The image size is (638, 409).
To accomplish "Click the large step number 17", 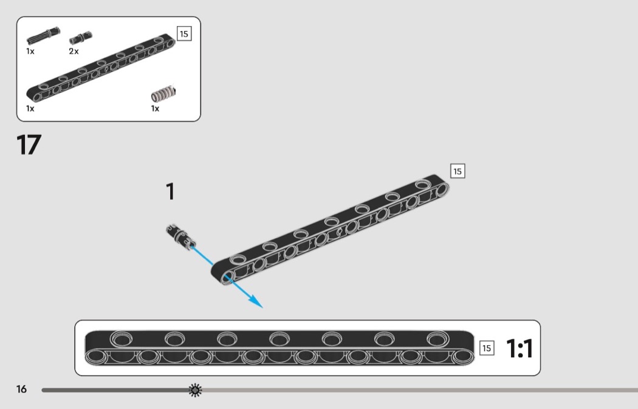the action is tap(29, 145).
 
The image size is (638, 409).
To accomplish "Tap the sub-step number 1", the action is tap(171, 191).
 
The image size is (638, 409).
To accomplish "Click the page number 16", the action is tap(21, 390).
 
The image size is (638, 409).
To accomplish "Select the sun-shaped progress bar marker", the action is tap(195, 390).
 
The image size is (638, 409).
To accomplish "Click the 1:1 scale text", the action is tap(520, 349).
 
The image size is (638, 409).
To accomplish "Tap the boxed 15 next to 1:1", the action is tap(487, 348).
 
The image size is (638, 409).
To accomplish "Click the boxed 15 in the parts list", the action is tap(184, 34).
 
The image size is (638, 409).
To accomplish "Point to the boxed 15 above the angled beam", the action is tap(458, 171).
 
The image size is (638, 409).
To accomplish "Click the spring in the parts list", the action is tap(163, 94).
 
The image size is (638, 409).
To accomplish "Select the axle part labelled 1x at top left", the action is tap(43, 36).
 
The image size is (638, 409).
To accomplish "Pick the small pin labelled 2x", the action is tap(81, 38).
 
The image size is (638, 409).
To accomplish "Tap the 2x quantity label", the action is tap(74, 51).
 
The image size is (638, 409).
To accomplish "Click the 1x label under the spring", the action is tap(155, 109).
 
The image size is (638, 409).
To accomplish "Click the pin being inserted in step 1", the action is tap(180, 236).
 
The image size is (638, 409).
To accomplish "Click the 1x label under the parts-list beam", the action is tap(30, 109).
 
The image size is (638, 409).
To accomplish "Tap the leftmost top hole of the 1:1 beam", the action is tap(122, 339).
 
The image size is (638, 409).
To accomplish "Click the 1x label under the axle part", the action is tap(30, 51).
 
